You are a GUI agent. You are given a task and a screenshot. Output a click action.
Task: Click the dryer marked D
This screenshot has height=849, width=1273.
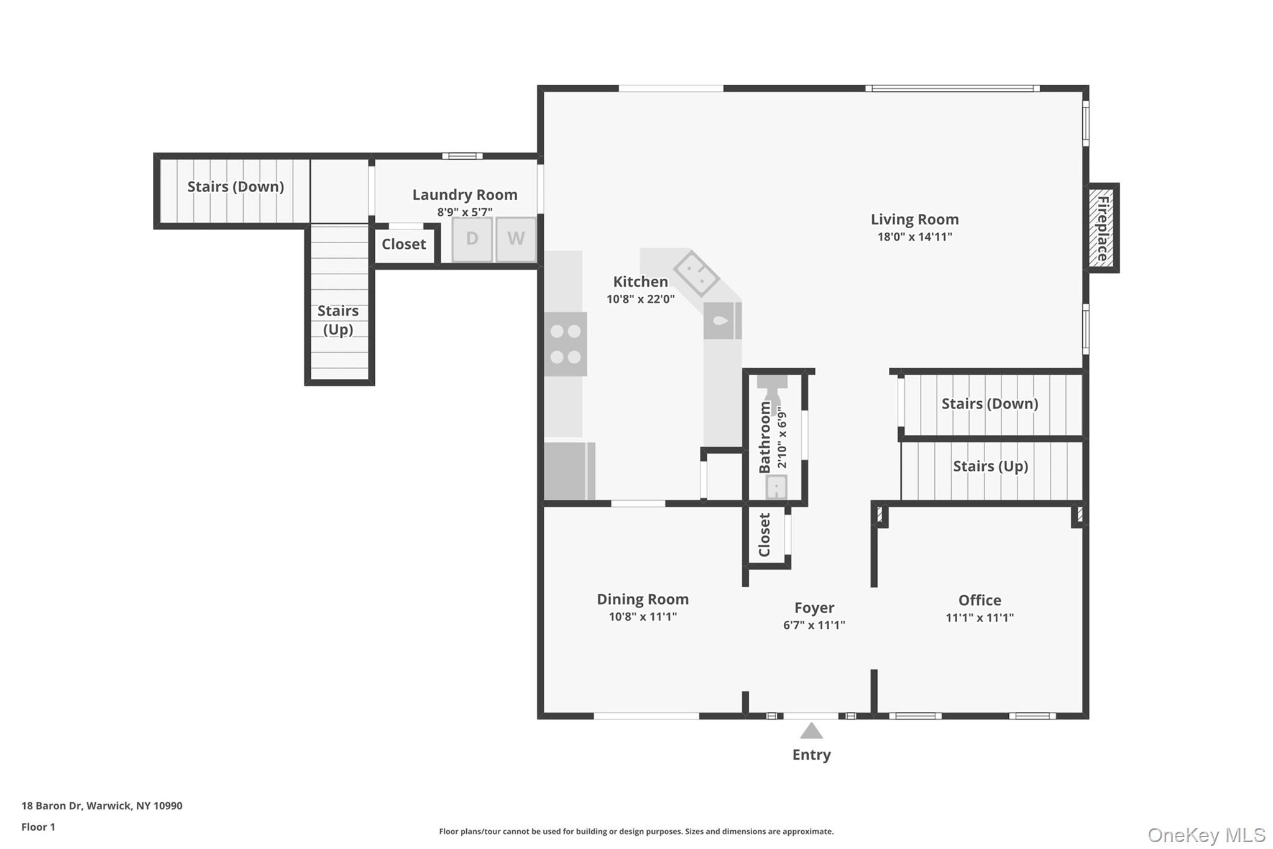click(x=472, y=239)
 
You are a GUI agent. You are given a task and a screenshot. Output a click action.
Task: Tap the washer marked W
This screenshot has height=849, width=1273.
click(x=516, y=239)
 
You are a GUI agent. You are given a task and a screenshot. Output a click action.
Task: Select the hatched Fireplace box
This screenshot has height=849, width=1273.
click(x=1102, y=228)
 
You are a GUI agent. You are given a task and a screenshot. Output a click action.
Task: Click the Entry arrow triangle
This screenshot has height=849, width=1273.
click(x=811, y=731)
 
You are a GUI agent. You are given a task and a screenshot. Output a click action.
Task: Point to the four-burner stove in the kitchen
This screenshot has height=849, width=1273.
click(x=566, y=344)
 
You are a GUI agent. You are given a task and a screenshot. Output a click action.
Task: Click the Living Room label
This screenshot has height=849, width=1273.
click(x=914, y=220)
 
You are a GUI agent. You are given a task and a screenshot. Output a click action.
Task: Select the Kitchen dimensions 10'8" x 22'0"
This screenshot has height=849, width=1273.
click(x=640, y=299)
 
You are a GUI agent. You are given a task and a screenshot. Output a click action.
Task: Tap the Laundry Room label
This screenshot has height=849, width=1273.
click(x=465, y=195)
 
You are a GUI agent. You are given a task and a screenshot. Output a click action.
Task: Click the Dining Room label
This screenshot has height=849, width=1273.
click(x=643, y=599)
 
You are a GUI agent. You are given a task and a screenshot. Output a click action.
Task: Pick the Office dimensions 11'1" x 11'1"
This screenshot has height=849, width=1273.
click(x=980, y=618)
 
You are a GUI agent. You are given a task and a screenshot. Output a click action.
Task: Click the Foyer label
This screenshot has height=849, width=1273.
click(x=814, y=608)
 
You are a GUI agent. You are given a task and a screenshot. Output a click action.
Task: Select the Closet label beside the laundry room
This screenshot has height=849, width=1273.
click(x=404, y=244)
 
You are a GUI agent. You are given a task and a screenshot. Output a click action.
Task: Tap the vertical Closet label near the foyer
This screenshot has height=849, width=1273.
click(x=765, y=535)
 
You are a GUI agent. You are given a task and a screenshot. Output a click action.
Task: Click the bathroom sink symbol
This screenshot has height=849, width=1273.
click(x=776, y=487)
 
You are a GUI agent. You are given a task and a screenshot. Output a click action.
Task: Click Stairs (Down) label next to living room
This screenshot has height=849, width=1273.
click(x=990, y=404)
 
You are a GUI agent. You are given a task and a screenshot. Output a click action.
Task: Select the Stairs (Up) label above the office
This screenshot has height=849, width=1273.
click(x=990, y=466)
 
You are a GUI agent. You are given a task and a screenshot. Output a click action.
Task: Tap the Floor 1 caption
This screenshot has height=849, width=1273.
click(x=38, y=827)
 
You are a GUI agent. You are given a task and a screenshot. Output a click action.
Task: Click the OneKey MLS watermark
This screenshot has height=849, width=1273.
click(x=1206, y=835)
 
